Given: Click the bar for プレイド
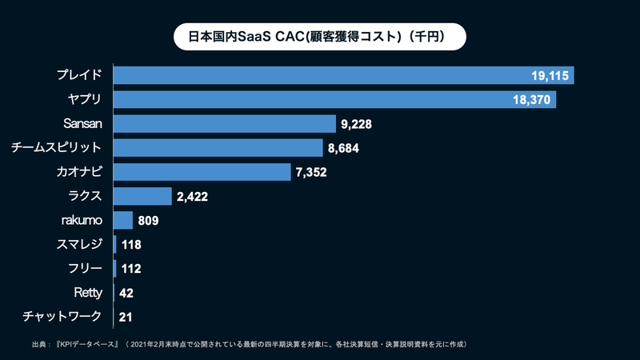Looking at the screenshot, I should point(344,75).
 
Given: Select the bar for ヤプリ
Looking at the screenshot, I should point(334,99).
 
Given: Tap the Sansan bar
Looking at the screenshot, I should point(224,123).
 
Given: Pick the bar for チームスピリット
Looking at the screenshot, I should point(218,148).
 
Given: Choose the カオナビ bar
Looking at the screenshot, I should point(202,172).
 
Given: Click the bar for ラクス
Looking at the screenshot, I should point(142,196).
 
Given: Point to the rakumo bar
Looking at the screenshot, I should point(123,220).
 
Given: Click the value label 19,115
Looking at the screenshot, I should point(549,75).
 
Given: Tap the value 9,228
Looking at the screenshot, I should point(357,124).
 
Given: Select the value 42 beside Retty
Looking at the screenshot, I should point(126,293).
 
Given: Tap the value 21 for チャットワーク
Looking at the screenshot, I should point(126,318).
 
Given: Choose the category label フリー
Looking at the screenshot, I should point(86,268).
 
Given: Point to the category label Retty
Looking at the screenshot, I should point(87,293).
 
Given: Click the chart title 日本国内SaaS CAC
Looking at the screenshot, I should point(320,36).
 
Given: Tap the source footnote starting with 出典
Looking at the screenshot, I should point(248,344).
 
